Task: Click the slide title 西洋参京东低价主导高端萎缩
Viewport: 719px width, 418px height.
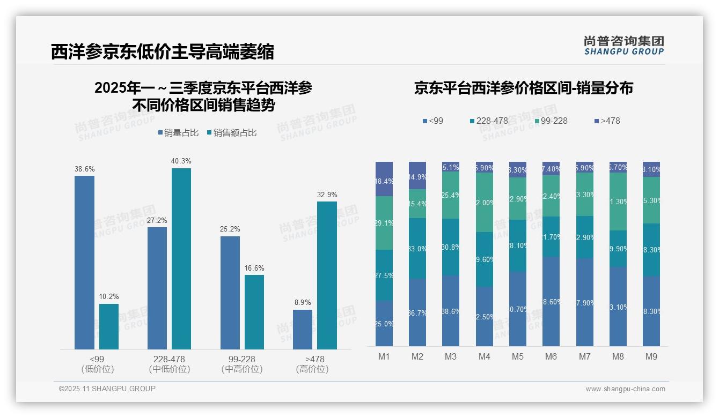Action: pos(162,52)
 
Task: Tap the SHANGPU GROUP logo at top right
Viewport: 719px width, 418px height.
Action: pos(623,46)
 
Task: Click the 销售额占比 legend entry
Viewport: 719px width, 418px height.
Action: pos(231,133)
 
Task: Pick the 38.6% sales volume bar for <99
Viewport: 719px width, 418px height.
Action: pos(84,263)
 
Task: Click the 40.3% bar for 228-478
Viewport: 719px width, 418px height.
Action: pos(181,259)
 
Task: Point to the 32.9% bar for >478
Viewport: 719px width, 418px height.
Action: pos(327,275)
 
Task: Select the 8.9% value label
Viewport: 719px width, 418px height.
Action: pos(303,302)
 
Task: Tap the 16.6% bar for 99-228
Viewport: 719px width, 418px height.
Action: pos(254,312)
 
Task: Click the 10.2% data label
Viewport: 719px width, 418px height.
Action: pos(109,296)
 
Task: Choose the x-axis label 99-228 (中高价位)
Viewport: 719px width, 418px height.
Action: pos(242,364)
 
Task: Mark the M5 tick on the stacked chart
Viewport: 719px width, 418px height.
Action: pos(517,356)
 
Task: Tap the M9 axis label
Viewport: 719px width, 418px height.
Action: pos(651,356)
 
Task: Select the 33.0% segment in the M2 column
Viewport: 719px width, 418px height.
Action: pos(417,248)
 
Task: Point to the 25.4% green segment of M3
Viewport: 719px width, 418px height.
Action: pos(451,195)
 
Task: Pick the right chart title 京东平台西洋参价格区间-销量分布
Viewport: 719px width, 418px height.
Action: pos(523,88)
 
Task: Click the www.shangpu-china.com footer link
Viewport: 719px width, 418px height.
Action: pos(625,389)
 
